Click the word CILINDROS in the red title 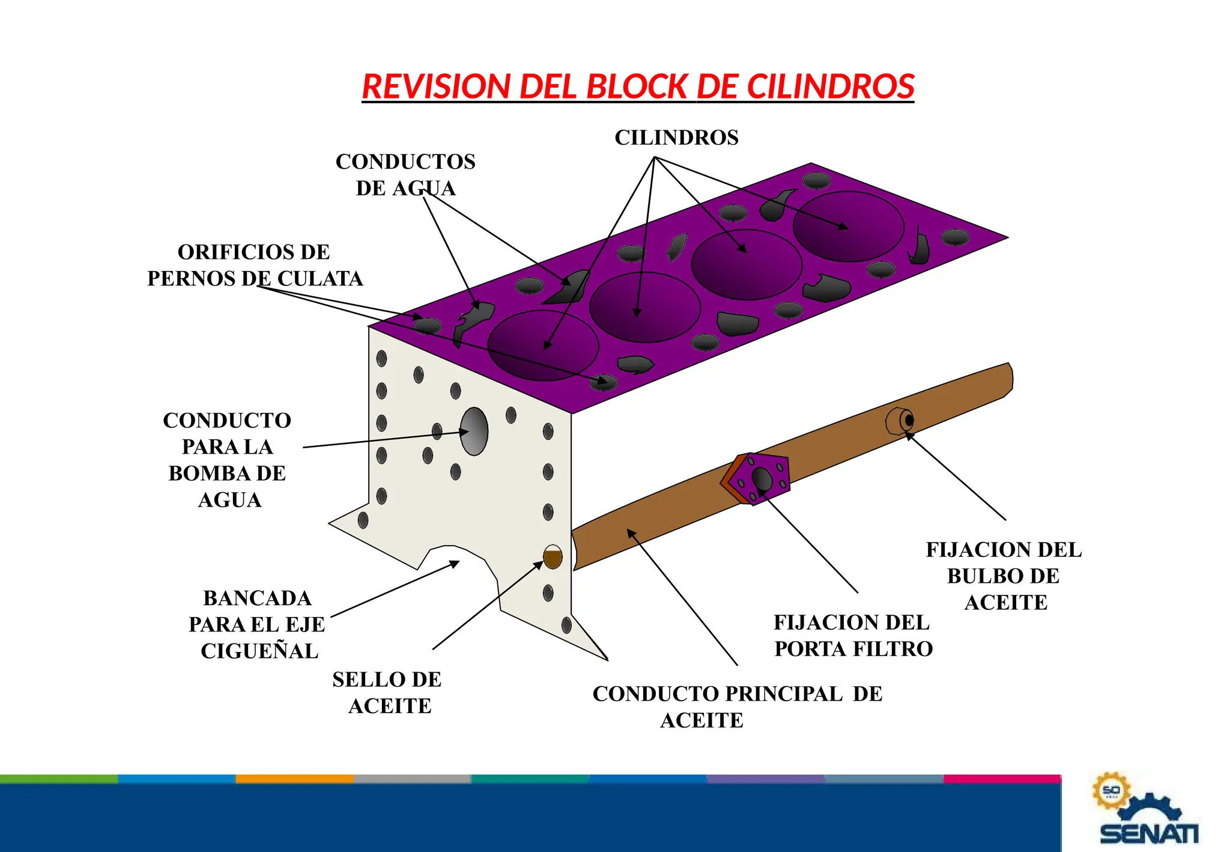point(830,87)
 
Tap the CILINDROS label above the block point(676,138)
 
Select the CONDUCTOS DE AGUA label point(405,175)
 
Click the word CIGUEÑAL point(259,651)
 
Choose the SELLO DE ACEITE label point(388,693)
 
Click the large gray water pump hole point(474,431)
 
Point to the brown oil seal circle point(553,558)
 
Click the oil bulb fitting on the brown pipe point(900,421)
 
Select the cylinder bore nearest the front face point(543,345)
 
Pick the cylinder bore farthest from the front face point(848,226)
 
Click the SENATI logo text point(1148,834)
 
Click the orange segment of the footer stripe point(294,779)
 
